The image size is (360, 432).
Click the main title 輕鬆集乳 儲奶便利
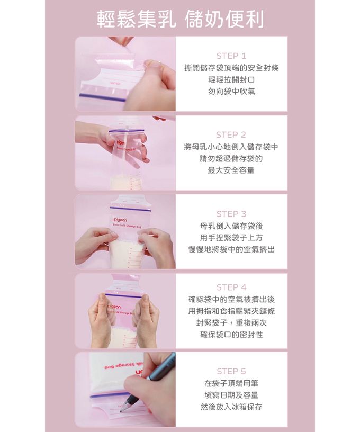(180, 19)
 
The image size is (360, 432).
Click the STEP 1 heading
(231, 56)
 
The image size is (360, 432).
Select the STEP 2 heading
(231, 134)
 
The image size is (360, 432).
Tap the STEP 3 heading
(231, 214)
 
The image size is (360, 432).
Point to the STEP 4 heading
(231, 287)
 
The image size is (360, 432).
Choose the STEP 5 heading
(231, 371)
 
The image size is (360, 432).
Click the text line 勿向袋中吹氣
(231, 91)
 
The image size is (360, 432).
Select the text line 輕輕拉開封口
(231, 79)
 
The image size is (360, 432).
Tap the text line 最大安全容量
(231, 170)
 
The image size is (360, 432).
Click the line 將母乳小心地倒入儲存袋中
(231, 147)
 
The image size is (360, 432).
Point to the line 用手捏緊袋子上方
(231, 237)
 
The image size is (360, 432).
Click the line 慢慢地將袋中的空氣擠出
(231, 249)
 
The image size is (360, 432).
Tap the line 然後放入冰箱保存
(231, 407)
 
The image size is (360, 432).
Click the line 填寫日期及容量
(231, 395)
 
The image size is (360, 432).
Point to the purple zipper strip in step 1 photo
(103, 97)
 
